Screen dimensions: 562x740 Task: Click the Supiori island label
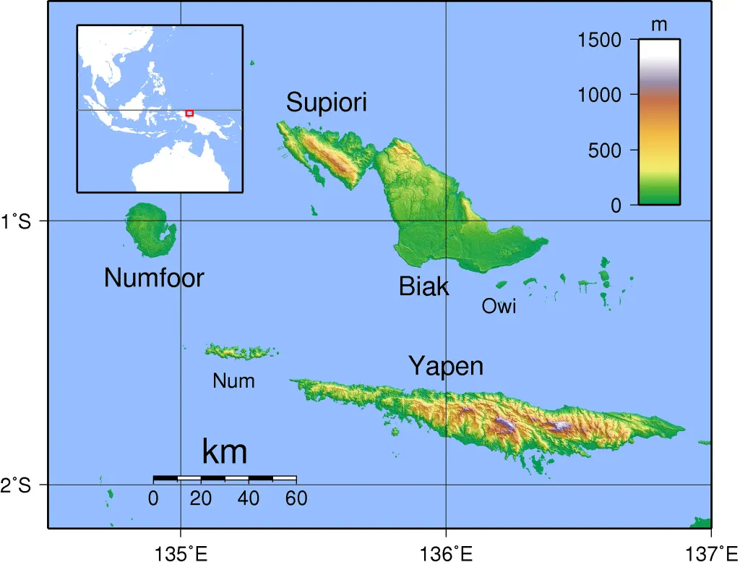pos(326,103)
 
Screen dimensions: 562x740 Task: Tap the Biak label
pos(423,286)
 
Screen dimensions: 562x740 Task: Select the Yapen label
pos(445,366)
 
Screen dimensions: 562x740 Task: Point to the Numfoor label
pos(154,278)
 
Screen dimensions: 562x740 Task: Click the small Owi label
pos(499,307)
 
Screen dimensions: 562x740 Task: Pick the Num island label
pos(233,380)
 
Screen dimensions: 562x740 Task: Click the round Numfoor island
pos(150,229)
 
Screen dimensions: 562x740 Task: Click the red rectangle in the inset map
pos(189,113)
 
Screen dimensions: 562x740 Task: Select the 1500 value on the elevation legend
pos(599,40)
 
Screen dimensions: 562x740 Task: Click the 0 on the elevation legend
pos(616,206)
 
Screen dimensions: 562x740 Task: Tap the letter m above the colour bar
pos(658,25)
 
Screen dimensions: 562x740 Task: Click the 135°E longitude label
pos(181,554)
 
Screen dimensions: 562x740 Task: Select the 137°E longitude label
pos(712,554)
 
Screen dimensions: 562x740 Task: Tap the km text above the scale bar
pos(225,451)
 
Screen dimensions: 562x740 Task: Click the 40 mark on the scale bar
pos(249,498)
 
